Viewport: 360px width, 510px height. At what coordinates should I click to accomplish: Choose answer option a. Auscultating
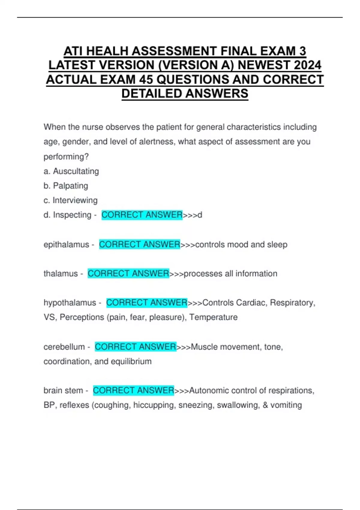tap(71, 171)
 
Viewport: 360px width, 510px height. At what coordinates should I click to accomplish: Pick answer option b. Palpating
tap(66, 186)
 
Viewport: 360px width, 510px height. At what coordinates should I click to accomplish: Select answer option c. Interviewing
tap(70, 200)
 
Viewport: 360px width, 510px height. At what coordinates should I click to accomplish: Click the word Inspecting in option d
tap(72, 215)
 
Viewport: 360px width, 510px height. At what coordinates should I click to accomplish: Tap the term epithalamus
tap(66, 245)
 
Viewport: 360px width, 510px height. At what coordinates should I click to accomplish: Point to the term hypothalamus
tap(70, 303)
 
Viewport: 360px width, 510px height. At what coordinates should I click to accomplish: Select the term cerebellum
tap(64, 347)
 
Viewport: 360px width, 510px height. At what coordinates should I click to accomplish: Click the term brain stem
tap(63, 391)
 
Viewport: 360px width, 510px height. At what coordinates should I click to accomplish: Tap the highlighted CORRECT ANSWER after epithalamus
tap(139, 244)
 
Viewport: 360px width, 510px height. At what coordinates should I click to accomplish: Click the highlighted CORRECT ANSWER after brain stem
tap(133, 391)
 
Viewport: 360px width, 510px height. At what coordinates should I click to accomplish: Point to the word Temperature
tap(213, 317)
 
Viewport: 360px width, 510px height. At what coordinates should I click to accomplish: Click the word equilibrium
tap(131, 361)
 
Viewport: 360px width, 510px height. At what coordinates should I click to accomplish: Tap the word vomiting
tap(286, 405)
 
